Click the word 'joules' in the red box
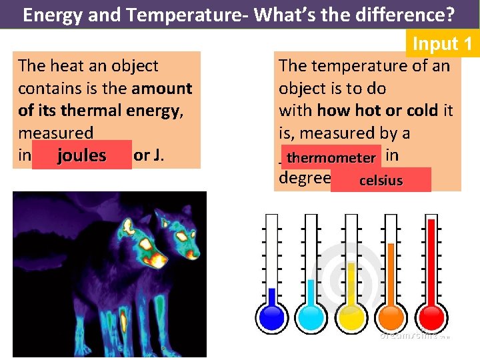(x=81, y=155)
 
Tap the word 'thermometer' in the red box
(x=331, y=158)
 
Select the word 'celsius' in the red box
(x=381, y=180)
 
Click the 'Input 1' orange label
(x=443, y=44)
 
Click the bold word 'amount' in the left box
(x=162, y=88)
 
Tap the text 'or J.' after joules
(x=149, y=155)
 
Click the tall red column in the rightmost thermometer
(x=431, y=260)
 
